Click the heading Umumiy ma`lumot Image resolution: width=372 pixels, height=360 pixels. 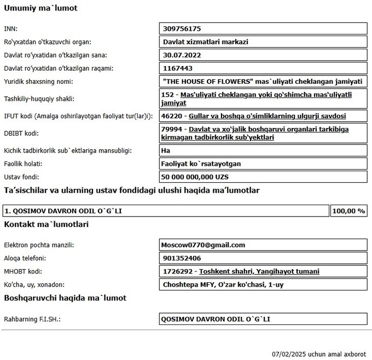tap(40, 8)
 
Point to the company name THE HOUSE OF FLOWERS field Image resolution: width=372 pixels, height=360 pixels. tap(263, 81)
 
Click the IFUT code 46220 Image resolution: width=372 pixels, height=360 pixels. tap(173, 116)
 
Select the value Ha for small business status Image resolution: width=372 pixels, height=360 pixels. tap(166, 150)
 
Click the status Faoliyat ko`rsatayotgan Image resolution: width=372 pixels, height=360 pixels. tap(202, 164)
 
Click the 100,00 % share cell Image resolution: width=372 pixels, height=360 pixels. tap(348, 211)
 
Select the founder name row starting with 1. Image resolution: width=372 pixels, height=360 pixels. tap(63, 211)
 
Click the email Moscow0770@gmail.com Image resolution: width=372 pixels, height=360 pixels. tap(203, 245)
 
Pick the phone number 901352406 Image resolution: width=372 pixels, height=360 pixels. tap(182, 258)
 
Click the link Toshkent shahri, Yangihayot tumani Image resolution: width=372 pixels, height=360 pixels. tap(259, 271)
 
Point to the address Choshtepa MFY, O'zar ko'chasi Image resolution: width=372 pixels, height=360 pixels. tap(223, 284)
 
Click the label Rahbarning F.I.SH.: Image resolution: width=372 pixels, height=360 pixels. tap(32, 319)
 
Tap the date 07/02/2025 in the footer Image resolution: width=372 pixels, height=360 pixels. tap(289, 354)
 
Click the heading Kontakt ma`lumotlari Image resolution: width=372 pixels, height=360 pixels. tap(46, 224)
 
